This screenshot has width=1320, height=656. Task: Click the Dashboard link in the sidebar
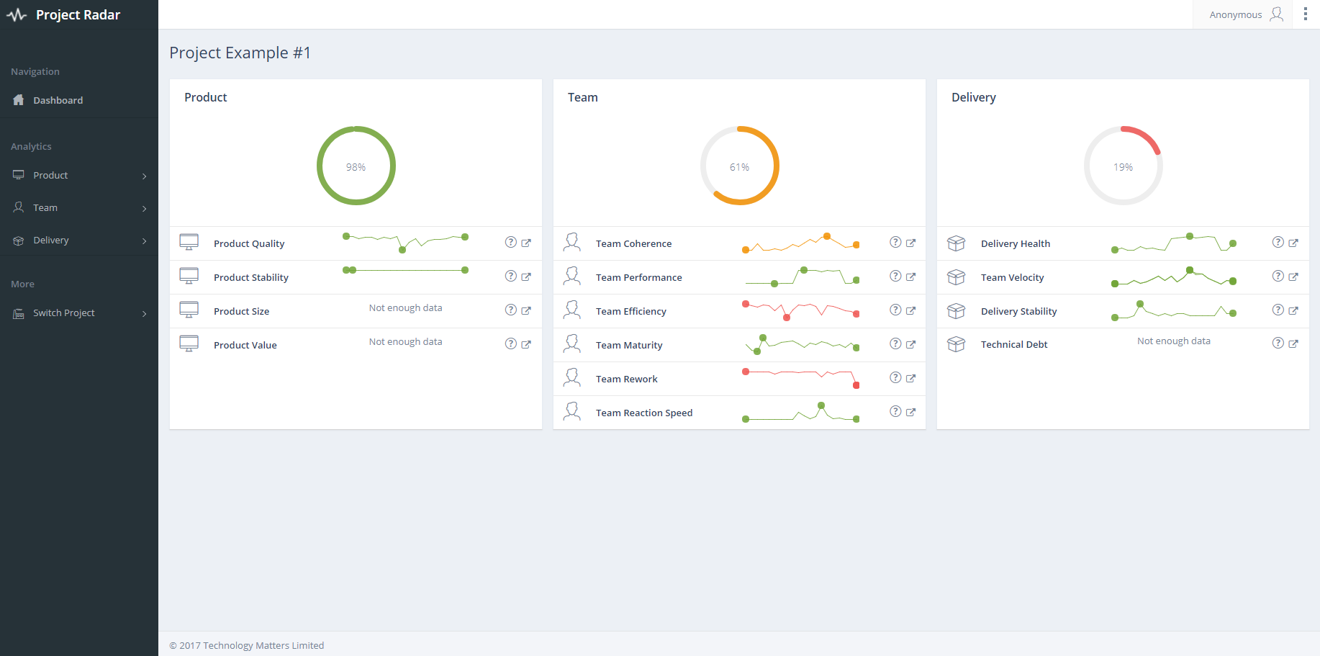[58, 100]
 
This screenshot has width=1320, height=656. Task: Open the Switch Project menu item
[64, 313]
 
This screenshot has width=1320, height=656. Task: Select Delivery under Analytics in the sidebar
[50, 240]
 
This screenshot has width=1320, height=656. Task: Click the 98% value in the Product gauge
[356, 167]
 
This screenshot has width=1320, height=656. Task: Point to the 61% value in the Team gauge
[739, 167]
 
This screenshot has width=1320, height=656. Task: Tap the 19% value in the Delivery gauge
[1123, 167]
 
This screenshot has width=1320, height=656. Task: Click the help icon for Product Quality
[511, 242]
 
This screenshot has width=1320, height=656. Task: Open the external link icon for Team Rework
[910, 378]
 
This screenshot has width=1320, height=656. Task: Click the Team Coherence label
[633, 243]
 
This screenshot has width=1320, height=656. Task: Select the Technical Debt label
[1014, 344]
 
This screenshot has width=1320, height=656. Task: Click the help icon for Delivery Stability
[1278, 310]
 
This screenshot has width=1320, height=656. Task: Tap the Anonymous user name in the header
[1236, 14]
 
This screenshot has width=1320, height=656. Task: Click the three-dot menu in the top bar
[1306, 14]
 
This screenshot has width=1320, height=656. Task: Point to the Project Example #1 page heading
[240, 53]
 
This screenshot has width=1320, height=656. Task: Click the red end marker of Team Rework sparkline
[856, 385]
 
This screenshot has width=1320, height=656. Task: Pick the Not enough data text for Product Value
[405, 341]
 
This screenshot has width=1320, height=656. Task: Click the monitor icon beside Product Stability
[189, 276]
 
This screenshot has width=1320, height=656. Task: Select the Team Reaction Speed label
[644, 413]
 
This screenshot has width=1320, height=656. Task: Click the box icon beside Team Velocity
[956, 277]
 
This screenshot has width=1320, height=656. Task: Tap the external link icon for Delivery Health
[1293, 243]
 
